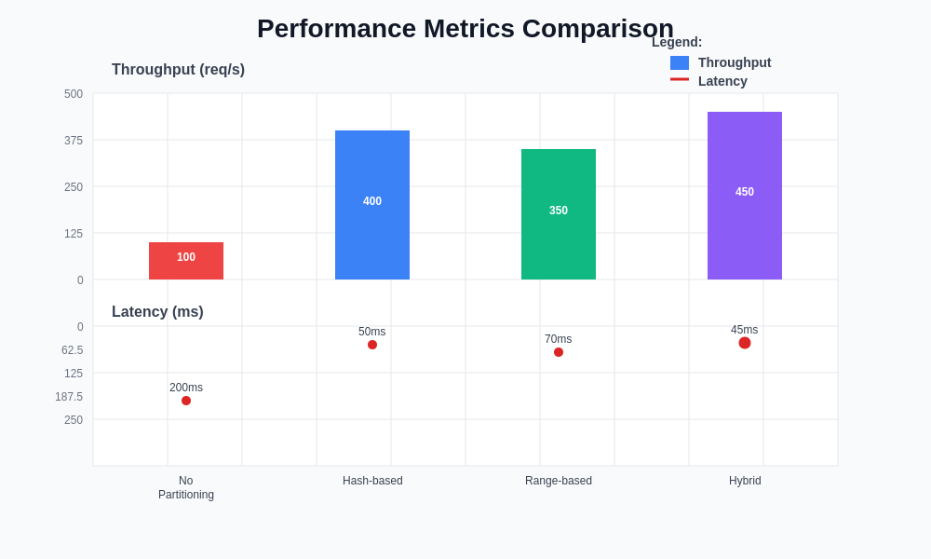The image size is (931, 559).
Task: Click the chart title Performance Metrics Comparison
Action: [465, 29]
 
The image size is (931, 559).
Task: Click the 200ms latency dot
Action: [186, 401]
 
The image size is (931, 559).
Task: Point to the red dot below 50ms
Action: [372, 345]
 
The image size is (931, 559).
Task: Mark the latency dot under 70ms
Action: [559, 352]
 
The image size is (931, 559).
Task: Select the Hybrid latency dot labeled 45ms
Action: [745, 343]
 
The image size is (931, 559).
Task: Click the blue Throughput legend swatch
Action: [680, 62]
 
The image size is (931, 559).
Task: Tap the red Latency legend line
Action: [680, 79]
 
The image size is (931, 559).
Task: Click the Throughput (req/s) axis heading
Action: [178, 70]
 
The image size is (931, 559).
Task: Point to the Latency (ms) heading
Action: [157, 312]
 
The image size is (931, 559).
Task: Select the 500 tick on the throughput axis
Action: [74, 94]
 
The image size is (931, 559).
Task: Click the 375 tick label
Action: [74, 141]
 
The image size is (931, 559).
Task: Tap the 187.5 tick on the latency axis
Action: [69, 397]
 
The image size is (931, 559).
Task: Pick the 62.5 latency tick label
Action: [72, 350]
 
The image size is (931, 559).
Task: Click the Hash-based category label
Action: [372, 481]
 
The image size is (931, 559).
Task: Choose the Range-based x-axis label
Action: [559, 481]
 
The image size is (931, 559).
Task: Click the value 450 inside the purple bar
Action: [745, 192]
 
